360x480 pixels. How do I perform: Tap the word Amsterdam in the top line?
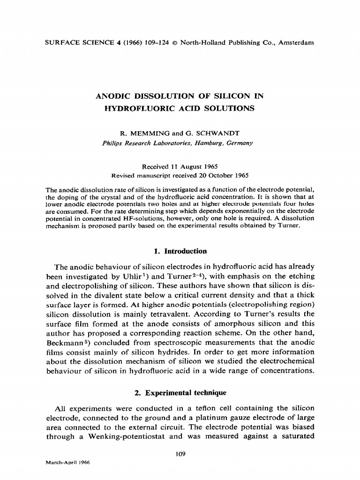(296, 43)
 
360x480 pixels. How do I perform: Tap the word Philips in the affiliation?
(112, 143)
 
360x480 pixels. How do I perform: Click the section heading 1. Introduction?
(180, 251)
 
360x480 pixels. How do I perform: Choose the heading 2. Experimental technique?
(180, 393)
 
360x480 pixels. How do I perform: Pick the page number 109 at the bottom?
(180, 453)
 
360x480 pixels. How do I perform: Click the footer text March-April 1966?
(67, 462)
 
